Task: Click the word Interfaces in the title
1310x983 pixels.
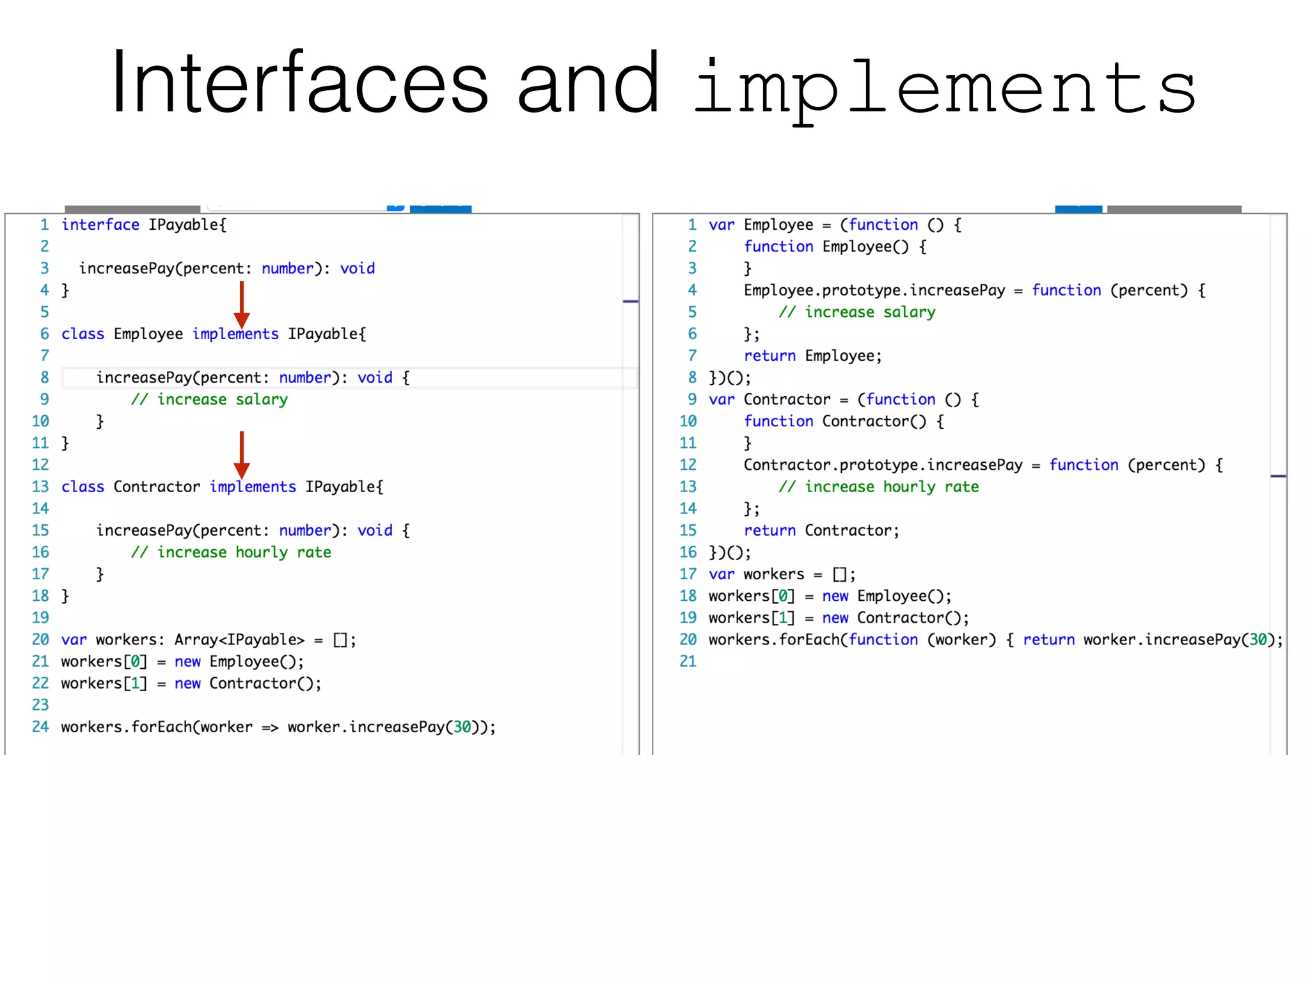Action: pyautogui.click(x=300, y=83)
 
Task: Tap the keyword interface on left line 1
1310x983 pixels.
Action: pyautogui.click(x=100, y=225)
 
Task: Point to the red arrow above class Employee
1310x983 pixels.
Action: pyautogui.click(x=241, y=305)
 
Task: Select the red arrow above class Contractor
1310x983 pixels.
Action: pyautogui.click(x=241, y=454)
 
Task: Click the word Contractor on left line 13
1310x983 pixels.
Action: pyautogui.click(x=157, y=487)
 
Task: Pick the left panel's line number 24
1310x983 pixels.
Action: pyautogui.click(x=40, y=727)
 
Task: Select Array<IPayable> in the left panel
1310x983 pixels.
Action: pyautogui.click(x=239, y=640)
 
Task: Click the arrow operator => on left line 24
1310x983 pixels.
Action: pyautogui.click(x=270, y=728)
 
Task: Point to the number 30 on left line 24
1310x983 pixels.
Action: pyautogui.click(x=462, y=728)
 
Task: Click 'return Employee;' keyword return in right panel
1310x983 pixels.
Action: pyautogui.click(x=769, y=356)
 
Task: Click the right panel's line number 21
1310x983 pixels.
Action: pyautogui.click(x=688, y=662)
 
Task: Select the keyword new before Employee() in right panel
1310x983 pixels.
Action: pyautogui.click(x=835, y=596)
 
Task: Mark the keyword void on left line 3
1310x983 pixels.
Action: pyautogui.click(x=357, y=269)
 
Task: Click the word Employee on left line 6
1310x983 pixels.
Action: pyautogui.click(x=148, y=334)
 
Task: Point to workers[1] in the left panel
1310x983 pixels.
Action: pyautogui.click(x=104, y=683)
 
